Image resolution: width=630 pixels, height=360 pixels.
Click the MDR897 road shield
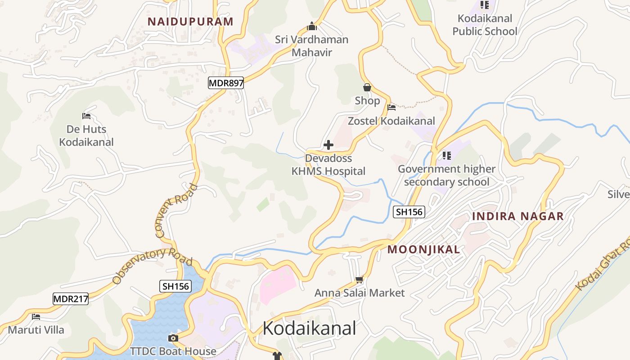coord(226,83)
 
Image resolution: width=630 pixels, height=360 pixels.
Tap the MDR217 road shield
coord(71,299)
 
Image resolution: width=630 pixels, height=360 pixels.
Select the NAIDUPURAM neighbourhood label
coord(191,22)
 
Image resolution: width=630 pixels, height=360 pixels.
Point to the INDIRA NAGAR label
coord(518,216)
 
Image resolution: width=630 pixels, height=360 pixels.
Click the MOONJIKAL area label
coord(424,250)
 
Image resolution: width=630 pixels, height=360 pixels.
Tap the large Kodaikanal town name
coord(309,328)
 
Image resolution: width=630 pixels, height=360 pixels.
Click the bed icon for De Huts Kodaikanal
coord(86,116)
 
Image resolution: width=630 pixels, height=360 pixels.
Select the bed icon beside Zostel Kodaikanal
coord(391,108)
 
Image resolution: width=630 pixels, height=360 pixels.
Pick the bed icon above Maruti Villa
coord(36,317)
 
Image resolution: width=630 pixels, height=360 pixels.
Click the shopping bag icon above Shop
coord(367,87)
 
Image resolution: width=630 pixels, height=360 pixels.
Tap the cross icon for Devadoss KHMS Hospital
coord(328,145)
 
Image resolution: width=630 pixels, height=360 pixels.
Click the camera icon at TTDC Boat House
coord(173,338)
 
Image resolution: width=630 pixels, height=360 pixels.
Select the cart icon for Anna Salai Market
coord(359,280)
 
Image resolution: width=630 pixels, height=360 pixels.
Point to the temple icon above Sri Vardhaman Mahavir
coord(311,27)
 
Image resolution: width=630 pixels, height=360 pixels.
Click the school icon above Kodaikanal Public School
coord(485,5)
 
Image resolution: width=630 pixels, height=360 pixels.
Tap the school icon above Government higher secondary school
coord(446,156)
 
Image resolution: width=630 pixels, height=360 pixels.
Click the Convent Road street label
coord(176,211)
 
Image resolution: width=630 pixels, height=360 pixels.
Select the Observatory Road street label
coord(152,266)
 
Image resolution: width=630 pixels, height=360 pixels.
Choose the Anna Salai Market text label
coord(360,293)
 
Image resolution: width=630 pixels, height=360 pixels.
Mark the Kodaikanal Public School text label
coord(485,25)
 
